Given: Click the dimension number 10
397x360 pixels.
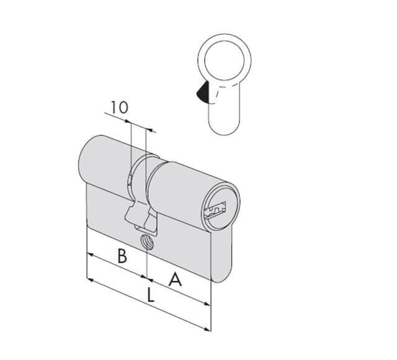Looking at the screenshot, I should click(x=119, y=107).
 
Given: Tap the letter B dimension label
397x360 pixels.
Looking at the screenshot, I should click(x=122, y=256).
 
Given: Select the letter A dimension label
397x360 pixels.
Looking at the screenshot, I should click(x=176, y=280).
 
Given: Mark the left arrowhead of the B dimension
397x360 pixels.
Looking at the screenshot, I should click(x=89, y=254).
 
